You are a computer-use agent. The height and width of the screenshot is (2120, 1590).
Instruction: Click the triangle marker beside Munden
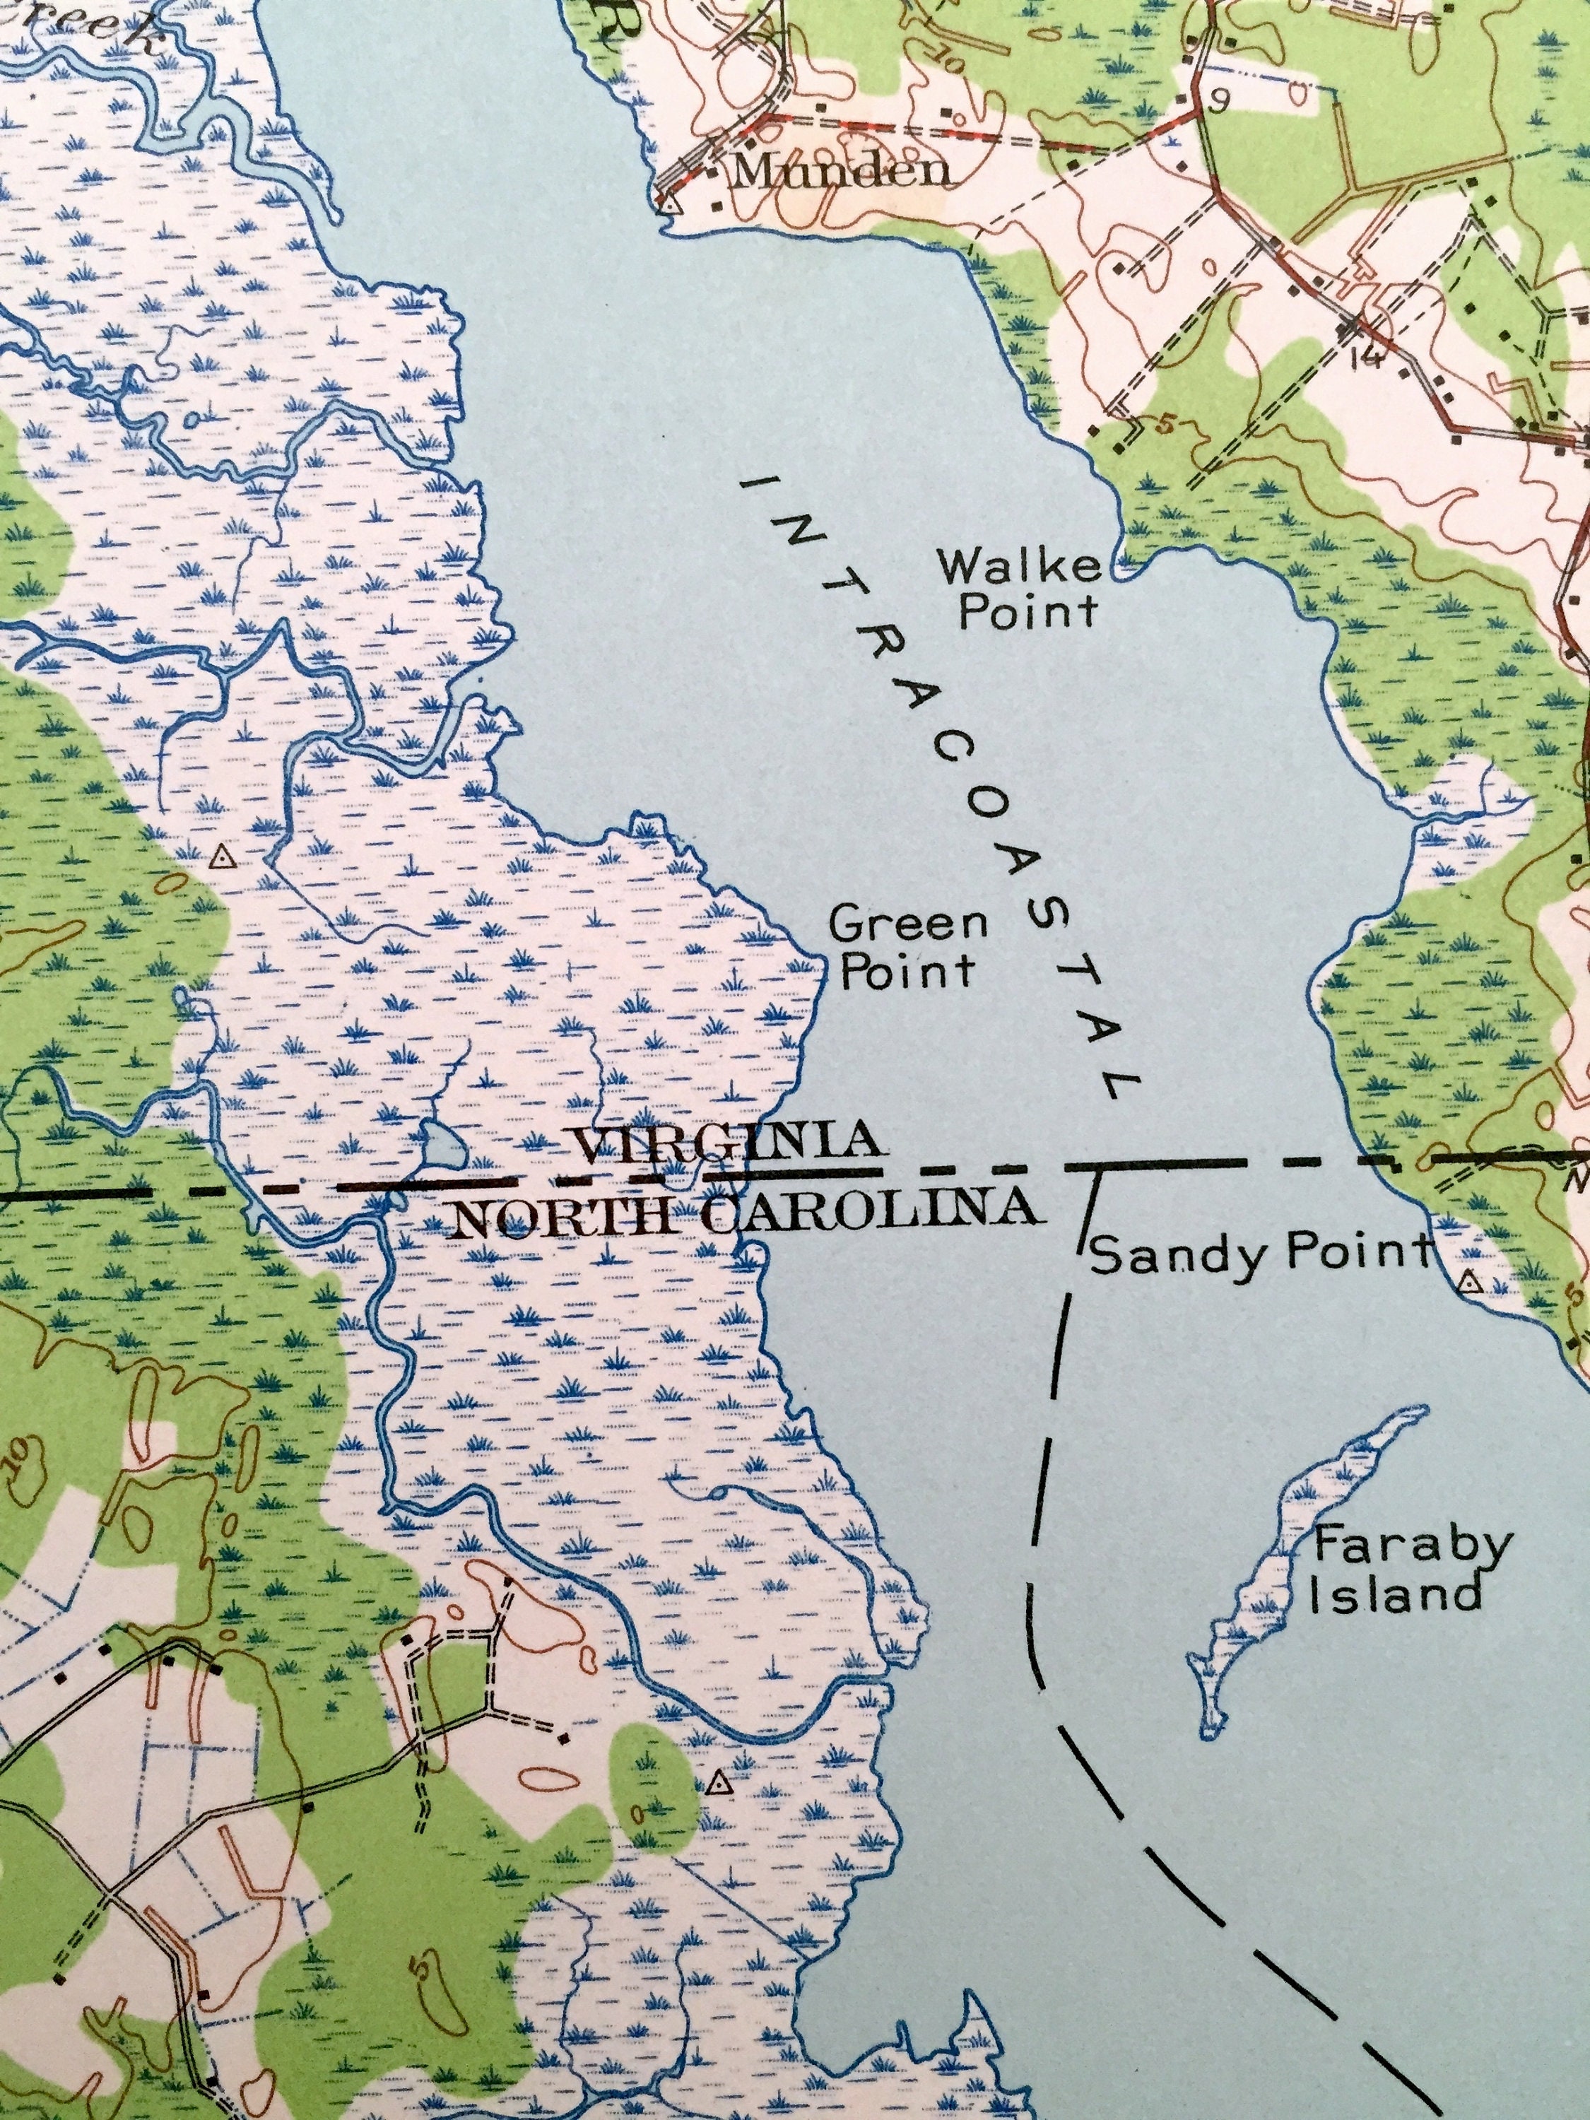coord(669,204)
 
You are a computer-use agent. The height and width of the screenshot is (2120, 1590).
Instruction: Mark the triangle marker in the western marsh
coord(223,856)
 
